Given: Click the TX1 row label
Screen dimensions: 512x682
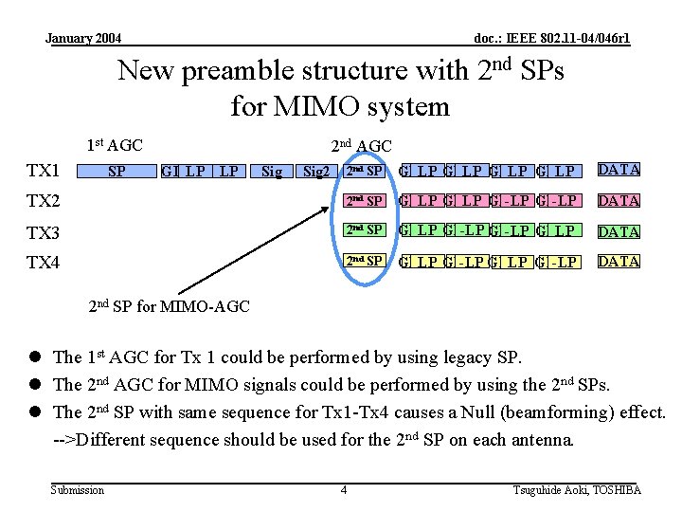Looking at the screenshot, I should point(44,171).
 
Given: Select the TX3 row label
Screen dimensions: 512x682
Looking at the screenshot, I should point(44,233).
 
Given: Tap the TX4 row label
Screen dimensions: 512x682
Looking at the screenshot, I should point(44,263).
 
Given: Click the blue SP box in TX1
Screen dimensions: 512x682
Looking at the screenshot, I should point(117,172).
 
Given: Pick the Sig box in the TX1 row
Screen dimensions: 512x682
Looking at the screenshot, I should point(272,172).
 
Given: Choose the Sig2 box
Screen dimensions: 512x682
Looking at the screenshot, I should point(314,172).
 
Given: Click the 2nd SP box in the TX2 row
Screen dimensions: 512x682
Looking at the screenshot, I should point(364,201).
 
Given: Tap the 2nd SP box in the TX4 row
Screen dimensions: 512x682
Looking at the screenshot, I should point(364,261).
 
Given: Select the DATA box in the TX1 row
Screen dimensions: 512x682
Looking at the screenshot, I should point(619,171).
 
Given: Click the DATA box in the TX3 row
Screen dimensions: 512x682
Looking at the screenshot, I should point(619,231).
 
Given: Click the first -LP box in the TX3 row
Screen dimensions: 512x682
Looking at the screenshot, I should point(472,231).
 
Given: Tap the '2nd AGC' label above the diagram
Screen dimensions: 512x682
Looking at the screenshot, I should point(361,145).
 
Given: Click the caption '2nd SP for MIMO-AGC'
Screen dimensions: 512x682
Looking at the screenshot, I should point(169,306).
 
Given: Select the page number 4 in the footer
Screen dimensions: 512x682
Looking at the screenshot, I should point(343,489).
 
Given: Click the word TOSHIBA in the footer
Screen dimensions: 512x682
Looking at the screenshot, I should point(617,489).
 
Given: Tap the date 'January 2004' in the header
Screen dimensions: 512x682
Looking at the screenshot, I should point(83,39).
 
